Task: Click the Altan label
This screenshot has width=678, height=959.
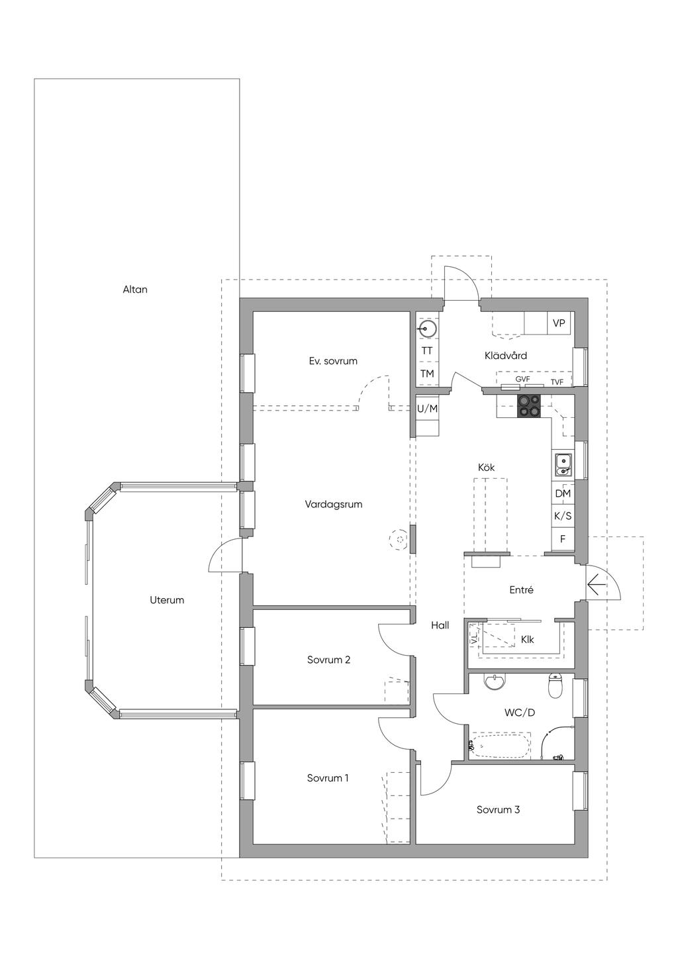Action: (135, 289)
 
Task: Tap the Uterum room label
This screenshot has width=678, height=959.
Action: (167, 600)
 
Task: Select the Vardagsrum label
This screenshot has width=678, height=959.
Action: (334, 504)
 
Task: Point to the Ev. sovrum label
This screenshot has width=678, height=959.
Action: (333, 361)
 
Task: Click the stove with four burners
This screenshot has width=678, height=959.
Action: (529, 405)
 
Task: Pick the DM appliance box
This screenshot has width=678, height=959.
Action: (563, 493)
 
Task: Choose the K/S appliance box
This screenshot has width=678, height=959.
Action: (563, 516)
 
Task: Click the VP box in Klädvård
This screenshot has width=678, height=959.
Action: (559, 323)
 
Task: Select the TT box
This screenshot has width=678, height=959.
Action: (427, 350)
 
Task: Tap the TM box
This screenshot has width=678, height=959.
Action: (427, 374)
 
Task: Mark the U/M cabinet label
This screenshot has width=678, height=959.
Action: (428, 409)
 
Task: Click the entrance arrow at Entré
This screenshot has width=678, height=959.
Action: (597, 585)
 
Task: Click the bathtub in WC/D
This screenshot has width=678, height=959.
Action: (500, 746)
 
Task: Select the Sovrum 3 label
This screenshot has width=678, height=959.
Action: (498, 809)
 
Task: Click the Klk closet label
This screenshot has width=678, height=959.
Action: (527, 640)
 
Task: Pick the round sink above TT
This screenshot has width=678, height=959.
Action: (427, 330)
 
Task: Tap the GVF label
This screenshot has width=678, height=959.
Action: (522, 379)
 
